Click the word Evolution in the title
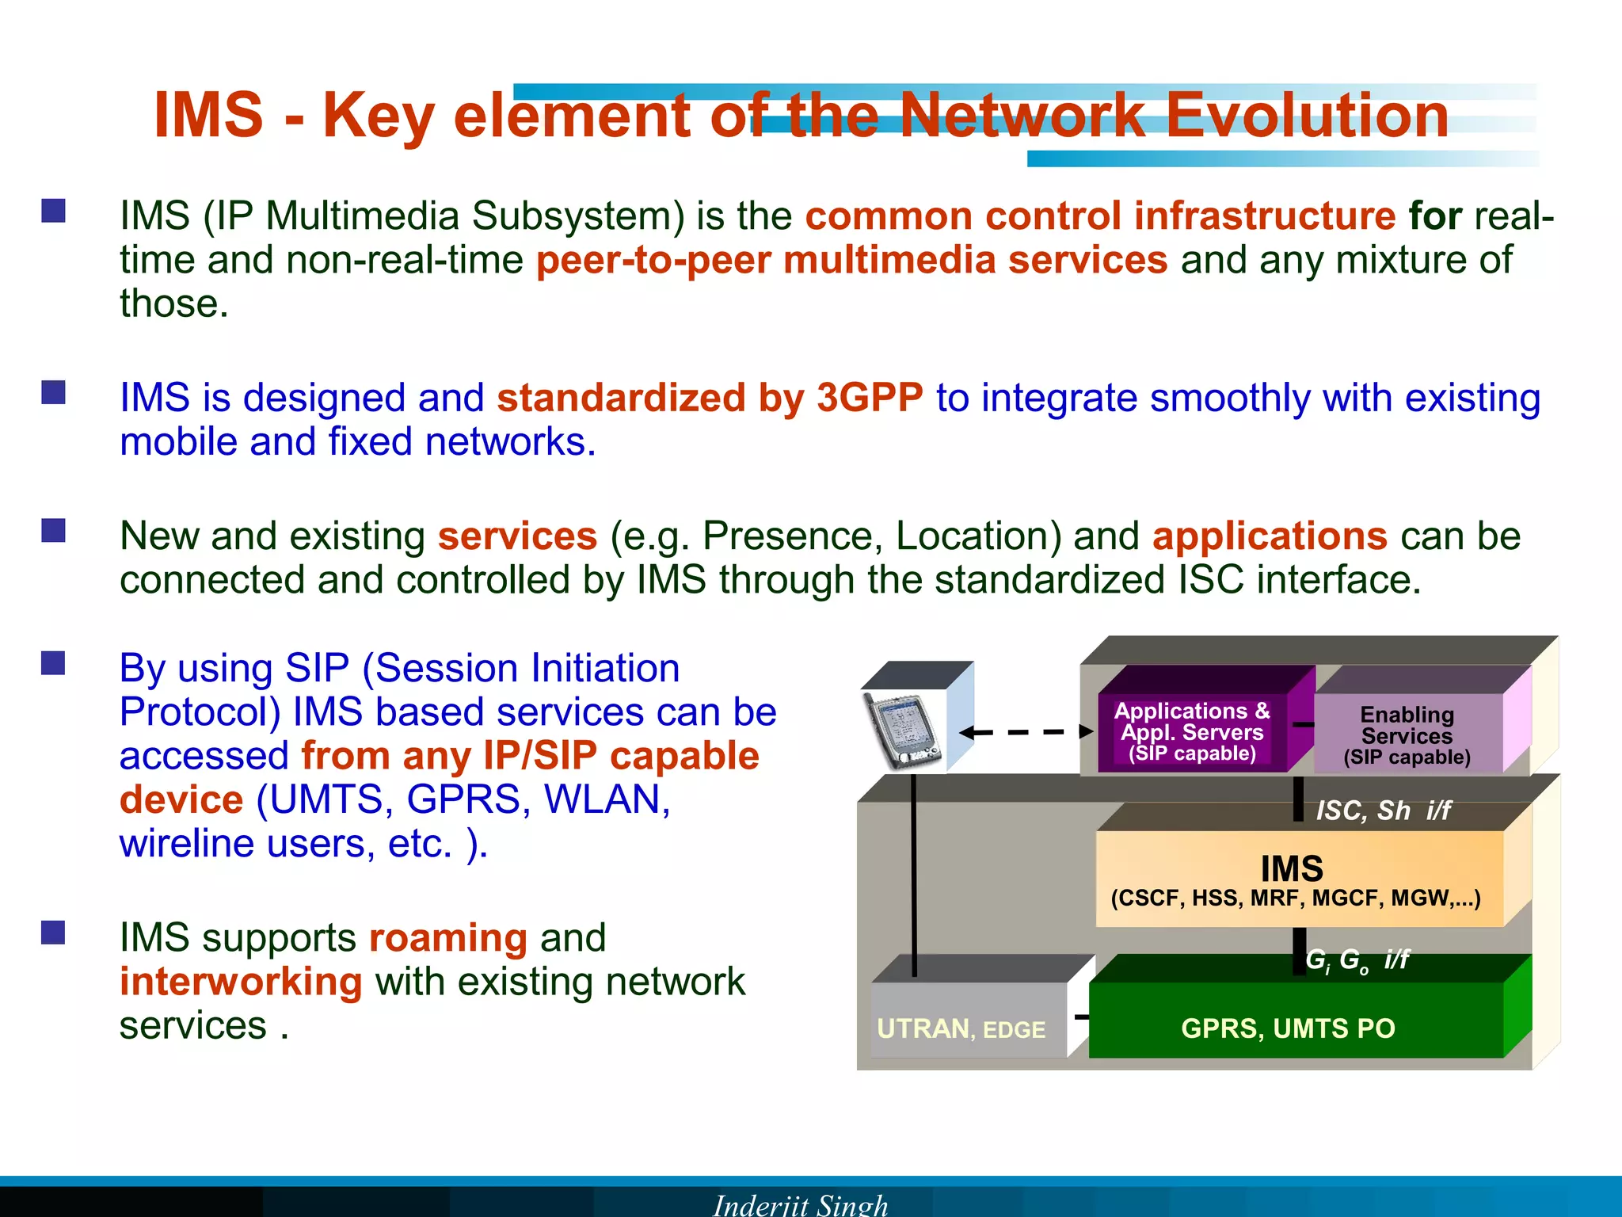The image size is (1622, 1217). pyautogui.click(x=1307, y=116)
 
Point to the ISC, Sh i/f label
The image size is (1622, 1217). pyautogui.click(x=1383, y=811)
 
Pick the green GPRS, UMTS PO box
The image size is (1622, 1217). pyautogui.click(x=1289, y=1028)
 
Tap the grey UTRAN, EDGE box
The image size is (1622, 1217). pyautogui.click(x=961, y=1028)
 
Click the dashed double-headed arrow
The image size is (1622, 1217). pyautogui.click(x=1026, y=732)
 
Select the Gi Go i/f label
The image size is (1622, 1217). pyautogui.click(x=1357, y=960)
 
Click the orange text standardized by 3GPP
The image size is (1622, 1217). pyautogui.click(x=710, y=398)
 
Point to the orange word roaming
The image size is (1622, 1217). pyautogui.click(x=448, y=938)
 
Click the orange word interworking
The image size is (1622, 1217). pyautogui.click(x=241, y=982)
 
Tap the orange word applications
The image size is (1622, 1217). pyautogui.click(x=1270, y=536)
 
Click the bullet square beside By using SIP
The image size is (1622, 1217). pyautogui.click(x=53, y=663)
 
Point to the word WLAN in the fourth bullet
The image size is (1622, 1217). pyautogui.click(x=607, y=799)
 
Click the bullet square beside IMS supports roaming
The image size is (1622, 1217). pyautogui.click(x=53, y=933)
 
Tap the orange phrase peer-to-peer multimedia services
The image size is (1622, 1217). pyautogui.click(x=851, y=260)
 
